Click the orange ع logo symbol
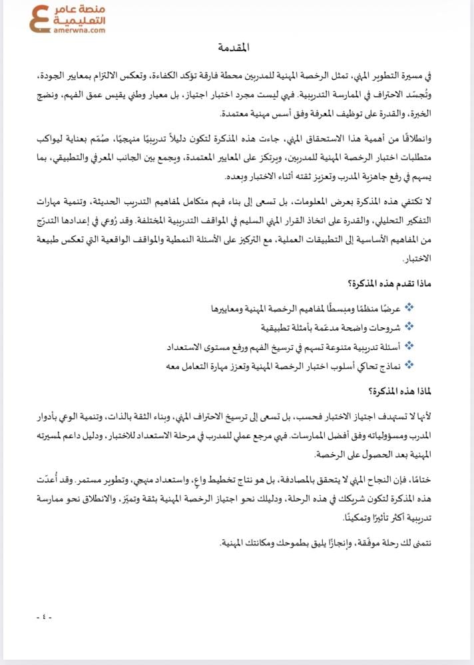(x=42, y=19)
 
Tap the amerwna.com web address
(x=82, y=31)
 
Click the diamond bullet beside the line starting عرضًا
(x=409, y=307)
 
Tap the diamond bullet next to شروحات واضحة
(x=409, y=327)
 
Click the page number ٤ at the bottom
(x=44, y=617)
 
